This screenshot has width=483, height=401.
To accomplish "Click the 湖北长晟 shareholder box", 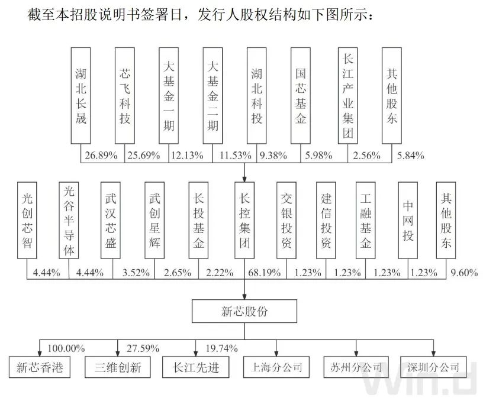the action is click(x=80, y=96).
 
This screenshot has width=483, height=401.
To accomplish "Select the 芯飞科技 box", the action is click(x=124, y=96).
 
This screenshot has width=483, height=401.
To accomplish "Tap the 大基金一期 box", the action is click(x=169, y=96).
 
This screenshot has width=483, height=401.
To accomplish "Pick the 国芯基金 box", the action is click(x=301, y=96).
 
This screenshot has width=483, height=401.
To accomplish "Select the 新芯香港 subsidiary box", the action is click(x=40, y=367).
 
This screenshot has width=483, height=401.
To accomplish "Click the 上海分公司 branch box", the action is click(x=277, y=367).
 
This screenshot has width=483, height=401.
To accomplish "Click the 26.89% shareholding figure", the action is click(x=100, y=156).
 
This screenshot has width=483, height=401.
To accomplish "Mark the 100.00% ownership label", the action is click(x=65, y=347).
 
